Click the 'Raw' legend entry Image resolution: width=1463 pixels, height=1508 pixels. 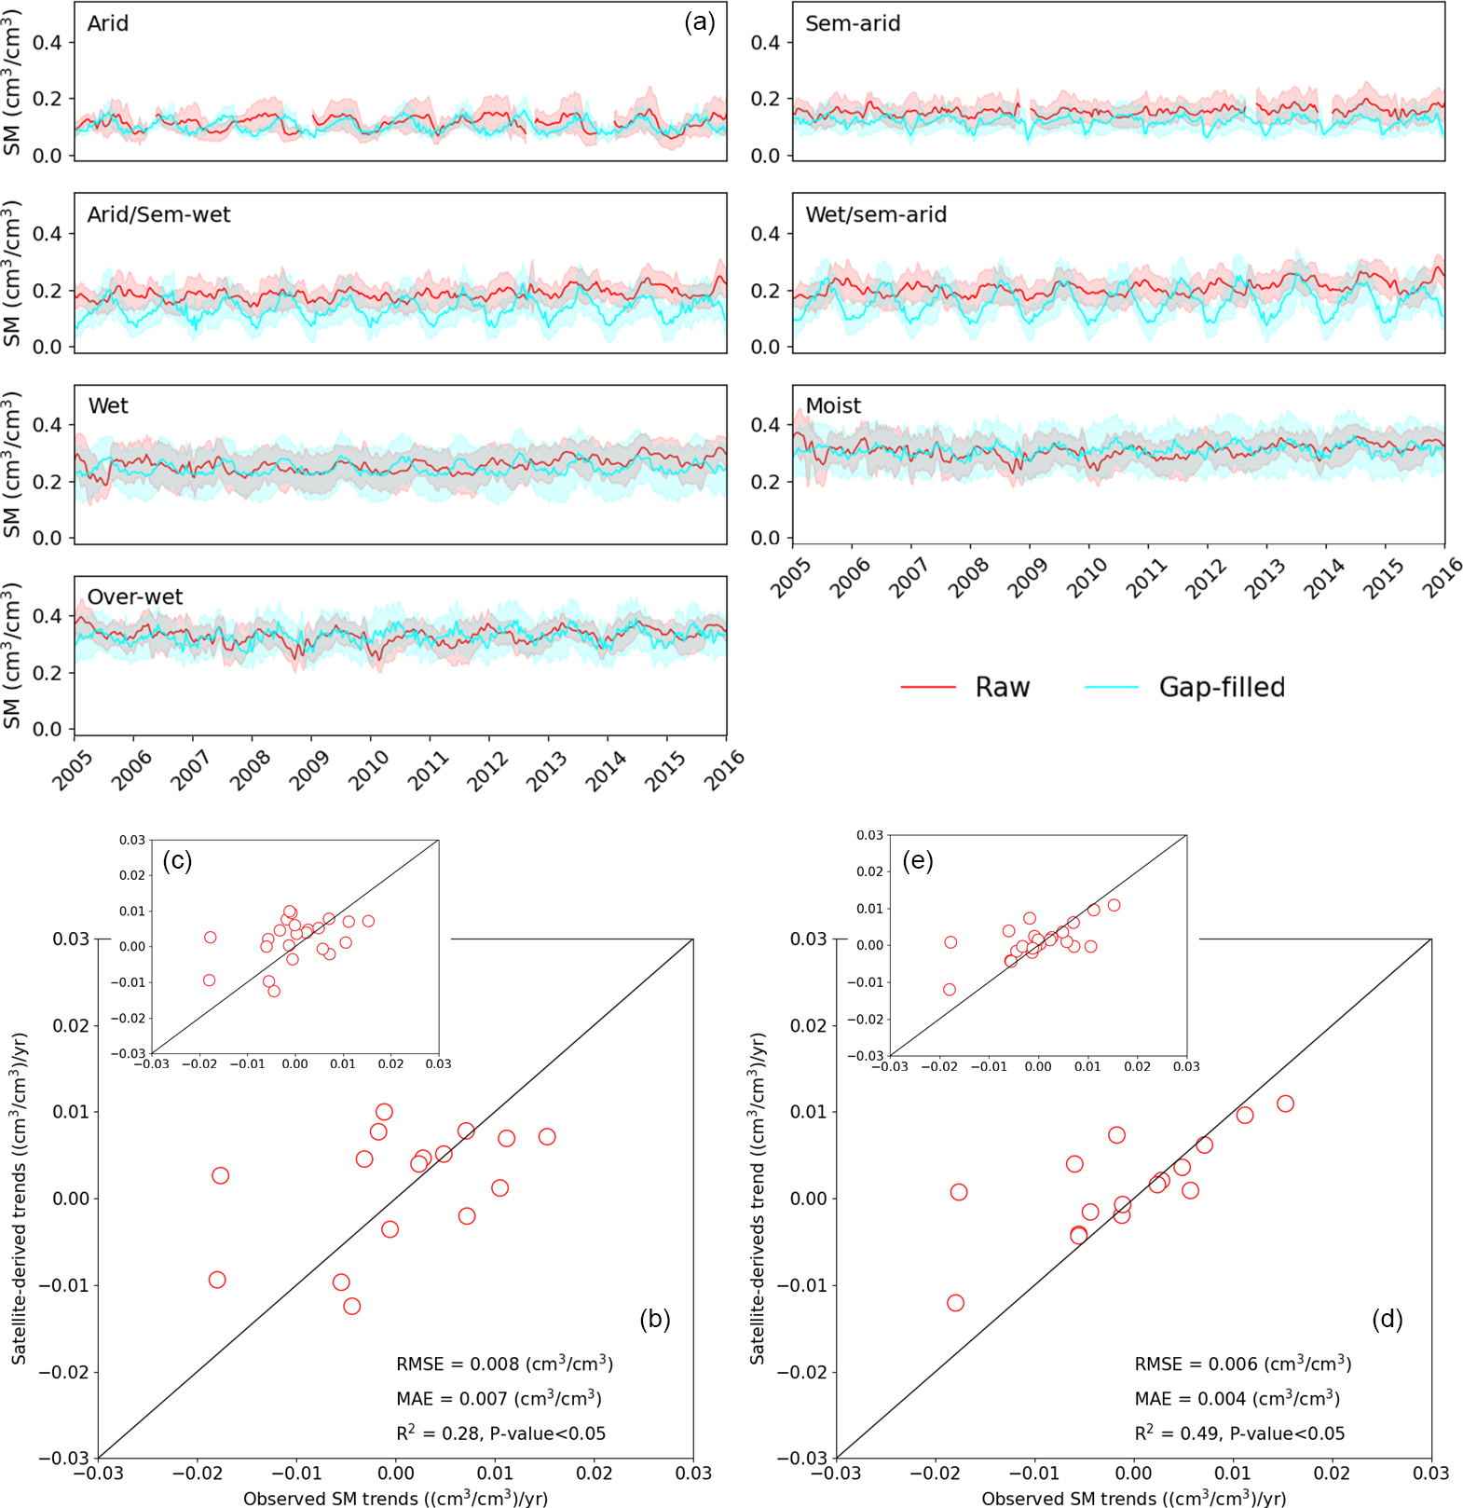pos(1002,687)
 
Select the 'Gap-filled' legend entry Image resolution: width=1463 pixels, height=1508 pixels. pos(1222,687)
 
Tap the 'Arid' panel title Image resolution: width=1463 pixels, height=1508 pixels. pos(108,23)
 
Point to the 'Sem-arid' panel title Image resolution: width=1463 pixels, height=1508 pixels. pos(853,23)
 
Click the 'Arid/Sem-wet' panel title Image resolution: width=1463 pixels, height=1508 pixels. pos(158,214)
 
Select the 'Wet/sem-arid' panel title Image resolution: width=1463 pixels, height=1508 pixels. pos(876,214)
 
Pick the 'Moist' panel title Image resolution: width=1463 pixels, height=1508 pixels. pos(833,405)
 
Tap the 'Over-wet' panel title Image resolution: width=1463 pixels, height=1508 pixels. pos(135,596)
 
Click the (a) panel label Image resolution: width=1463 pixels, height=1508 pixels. pos(699,22)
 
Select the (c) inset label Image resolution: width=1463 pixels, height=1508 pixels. pos(177,860)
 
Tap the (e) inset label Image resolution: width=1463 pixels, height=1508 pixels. pos(918,860)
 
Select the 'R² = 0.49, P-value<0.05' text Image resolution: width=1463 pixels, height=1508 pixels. pos(1239,1433)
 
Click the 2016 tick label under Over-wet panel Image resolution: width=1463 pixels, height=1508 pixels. pos(724,770)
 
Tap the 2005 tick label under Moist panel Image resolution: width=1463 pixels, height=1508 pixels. pos(791,579)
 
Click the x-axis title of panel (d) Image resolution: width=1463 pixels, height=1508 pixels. pos(1133,1498)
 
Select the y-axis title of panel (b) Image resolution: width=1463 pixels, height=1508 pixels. pos(20,1198)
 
